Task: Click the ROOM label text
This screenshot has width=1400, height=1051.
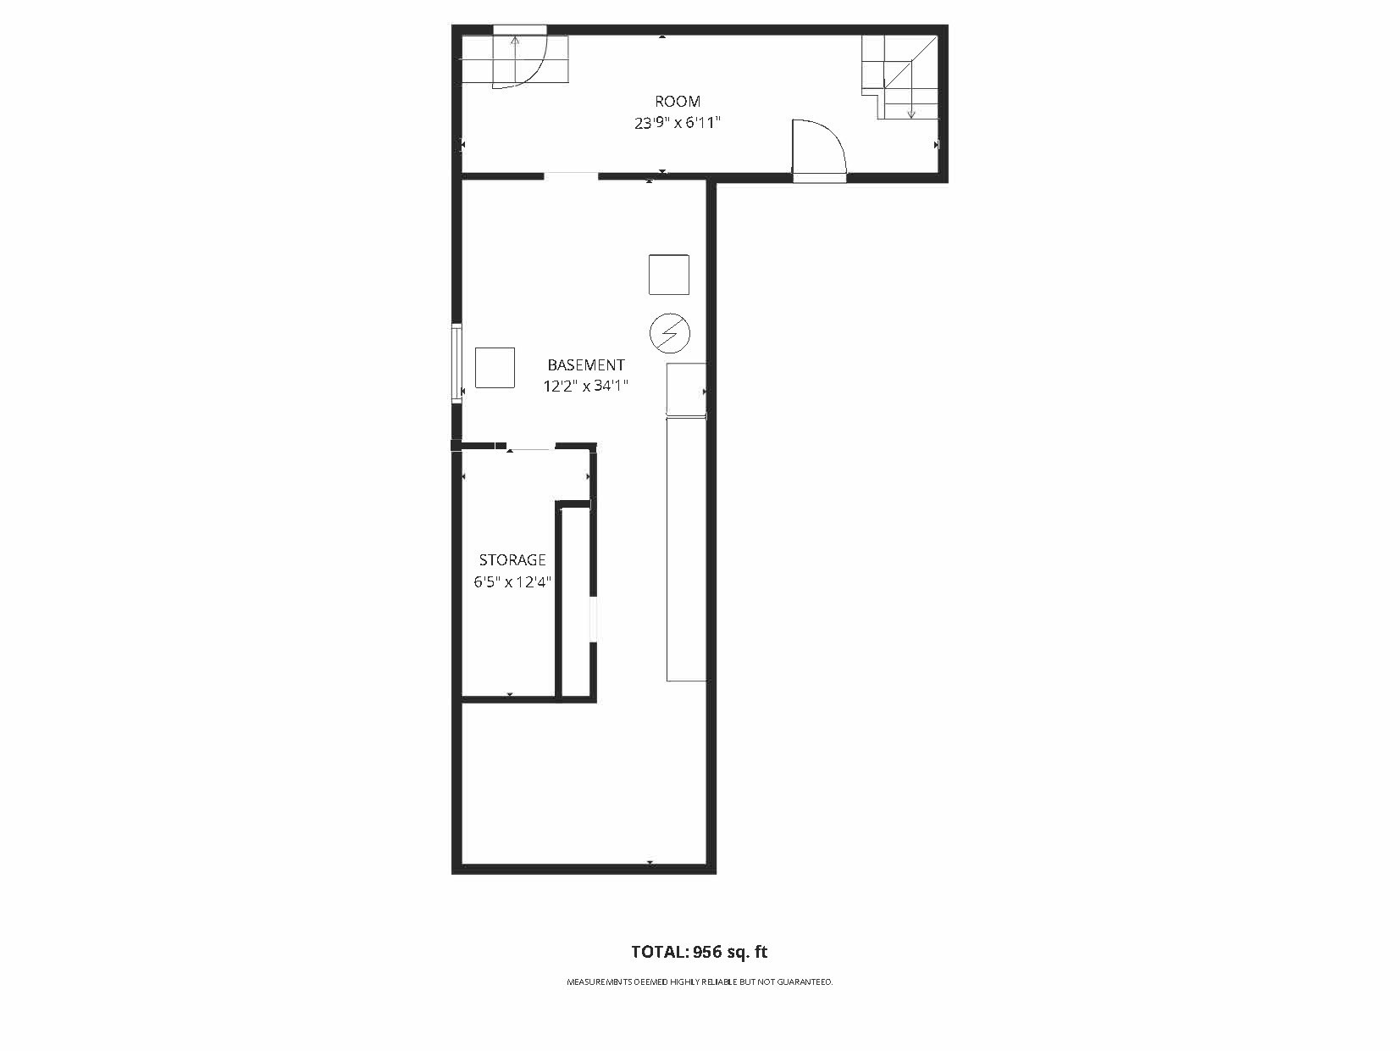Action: (x=678, y=102)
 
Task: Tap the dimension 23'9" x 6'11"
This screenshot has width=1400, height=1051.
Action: (x=678, y=123)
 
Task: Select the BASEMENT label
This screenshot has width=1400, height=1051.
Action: (x=586, y=365)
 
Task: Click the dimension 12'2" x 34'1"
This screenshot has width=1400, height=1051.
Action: (x=586, y=386)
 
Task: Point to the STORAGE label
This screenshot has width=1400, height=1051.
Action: (x=512, y=560)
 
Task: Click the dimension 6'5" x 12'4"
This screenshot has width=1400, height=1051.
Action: (x=512, y=582)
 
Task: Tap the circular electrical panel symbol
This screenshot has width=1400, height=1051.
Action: (x=670, y=333)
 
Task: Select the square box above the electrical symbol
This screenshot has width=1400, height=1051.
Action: (x=669, y=275)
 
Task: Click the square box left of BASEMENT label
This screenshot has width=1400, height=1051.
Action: (x=495, y=367)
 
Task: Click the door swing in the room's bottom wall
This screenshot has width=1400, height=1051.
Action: (x=818, y=148)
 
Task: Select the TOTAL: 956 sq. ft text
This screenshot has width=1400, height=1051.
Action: (x=700, y=952)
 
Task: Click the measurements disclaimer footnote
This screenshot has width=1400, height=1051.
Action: (x=700, y=982)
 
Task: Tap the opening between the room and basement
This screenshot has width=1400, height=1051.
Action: (x=571, y=176)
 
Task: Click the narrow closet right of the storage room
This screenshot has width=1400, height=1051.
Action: (x=576, y=602)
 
